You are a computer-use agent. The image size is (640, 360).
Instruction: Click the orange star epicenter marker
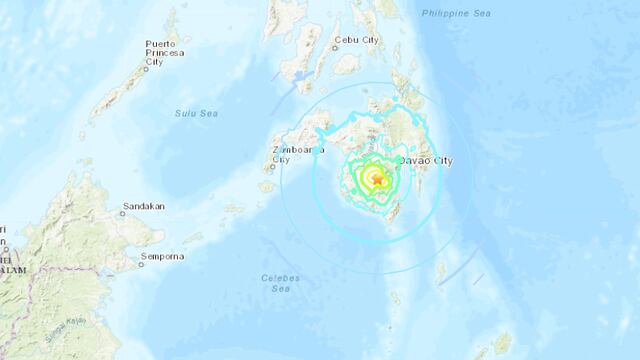[x=377, y=181]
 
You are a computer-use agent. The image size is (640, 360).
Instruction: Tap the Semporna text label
[x=163, y=257]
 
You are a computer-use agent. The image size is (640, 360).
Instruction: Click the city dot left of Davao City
[x=396, y=161]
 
